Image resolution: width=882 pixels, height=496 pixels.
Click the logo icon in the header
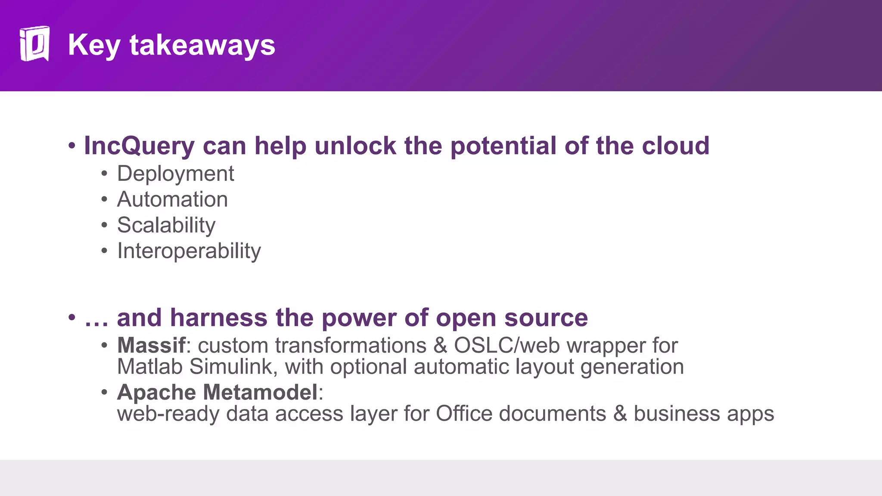[x=34, y=44]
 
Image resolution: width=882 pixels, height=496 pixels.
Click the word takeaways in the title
[x=202, y=45]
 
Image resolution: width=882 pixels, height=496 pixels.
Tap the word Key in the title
[x=94, y=46]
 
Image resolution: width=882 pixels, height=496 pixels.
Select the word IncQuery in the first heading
[x=139, y=146]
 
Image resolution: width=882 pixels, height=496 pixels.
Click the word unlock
[x=355, y=146]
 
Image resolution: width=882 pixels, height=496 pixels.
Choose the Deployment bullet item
[x=175, y=174]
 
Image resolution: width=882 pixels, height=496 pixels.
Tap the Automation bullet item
[x=172, y=199]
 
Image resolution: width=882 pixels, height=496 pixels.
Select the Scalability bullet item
[x=166, y=225]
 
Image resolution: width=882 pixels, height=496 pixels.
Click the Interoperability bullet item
[x=189, y=251]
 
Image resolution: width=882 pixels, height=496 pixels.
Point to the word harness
[x=219, y=318]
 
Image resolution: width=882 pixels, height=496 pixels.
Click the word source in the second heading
[x=546, y=318]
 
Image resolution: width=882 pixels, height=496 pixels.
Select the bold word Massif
[x=151, y=345]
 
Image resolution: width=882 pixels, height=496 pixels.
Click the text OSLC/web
[x=507, y=345]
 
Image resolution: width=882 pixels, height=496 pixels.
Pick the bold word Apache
[x=156, y=393]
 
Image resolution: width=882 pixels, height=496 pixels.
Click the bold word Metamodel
[x=260, y=392]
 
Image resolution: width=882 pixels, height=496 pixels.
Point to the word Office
[x=464, y=414]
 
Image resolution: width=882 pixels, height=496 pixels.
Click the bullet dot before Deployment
[x=104, y=174]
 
